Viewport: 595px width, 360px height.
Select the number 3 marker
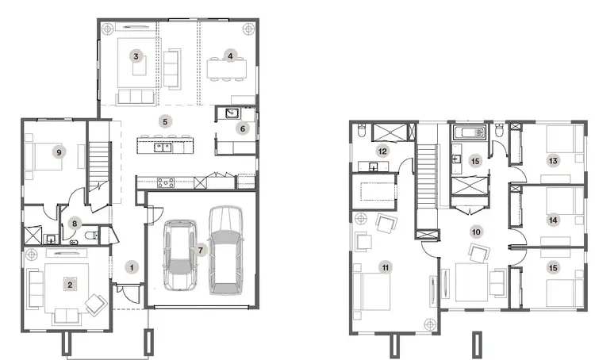pos(136,56)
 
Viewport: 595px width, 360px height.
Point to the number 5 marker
pos(164,121)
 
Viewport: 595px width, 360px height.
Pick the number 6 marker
pos(244,128)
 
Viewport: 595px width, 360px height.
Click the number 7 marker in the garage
pos(202,251)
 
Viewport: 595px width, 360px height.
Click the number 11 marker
pos(386,268)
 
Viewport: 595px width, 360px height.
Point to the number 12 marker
pos(382,151)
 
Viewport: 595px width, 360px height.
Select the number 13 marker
pos(553,161)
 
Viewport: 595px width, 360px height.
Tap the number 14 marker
pos(553,219)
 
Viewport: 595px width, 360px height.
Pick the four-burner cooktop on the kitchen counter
pos(167,182)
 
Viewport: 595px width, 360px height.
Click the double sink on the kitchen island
pos(164,146)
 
